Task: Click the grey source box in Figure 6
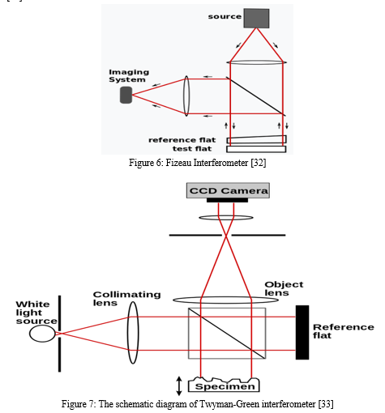pyautogui.click(x=256, y=19)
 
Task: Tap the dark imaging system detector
pyautogui.click(x=126, y=95)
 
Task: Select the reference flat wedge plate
pyautogui.click(x=256, y=139)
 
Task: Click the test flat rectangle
pyautogui.click(x=256, y=149)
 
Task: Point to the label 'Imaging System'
pyautogui.click(x=129, y=76)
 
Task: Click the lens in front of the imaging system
pyautogui.click(x=186, y=96)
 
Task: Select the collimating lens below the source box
pyautogui.click(x=256, y=62)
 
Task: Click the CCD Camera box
pyautogui.click(x=228, y=190)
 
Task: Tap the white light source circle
pyautogui.click(x=42, y=334)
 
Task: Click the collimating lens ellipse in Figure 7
pyautogui.click(x=133, y=333)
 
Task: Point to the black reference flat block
pyautogui.click(x=302, y=333)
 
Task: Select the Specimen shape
pyautogui.click(x=224, y=385)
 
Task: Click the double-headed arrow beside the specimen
pyautogui.click(x=179, y=386)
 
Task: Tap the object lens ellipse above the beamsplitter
pyautogui.click(x=225, y=300)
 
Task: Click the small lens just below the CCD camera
pyautogui.click(x=226, y=218)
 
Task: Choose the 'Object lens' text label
pyautogui.click(x=284, y=288)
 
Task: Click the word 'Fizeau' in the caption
pyautogui.click(x=178, y=163)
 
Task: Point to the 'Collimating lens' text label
pyautogui.click(x=126, y=299)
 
